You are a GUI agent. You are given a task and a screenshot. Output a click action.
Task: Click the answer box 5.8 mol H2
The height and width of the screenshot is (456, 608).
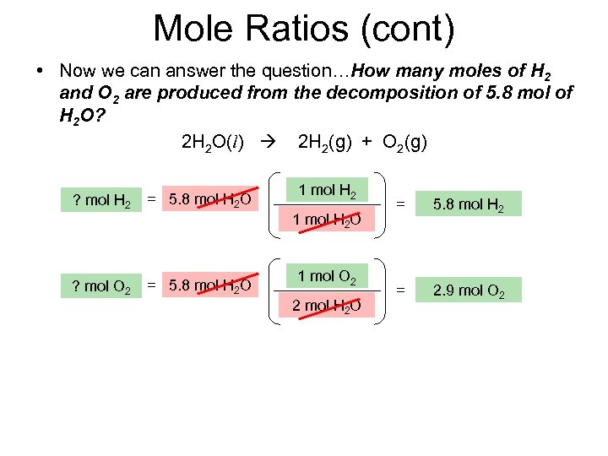click(470, 204)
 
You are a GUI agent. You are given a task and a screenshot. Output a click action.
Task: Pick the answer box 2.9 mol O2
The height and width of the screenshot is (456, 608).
click(470, 290)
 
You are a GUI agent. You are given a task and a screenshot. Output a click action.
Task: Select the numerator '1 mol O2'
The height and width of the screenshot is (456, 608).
click(327, 275)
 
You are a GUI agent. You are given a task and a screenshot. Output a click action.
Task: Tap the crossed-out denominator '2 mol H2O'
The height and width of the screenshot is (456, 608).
click(327, 306)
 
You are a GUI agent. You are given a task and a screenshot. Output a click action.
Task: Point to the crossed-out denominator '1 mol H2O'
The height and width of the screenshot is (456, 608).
click(327, 220)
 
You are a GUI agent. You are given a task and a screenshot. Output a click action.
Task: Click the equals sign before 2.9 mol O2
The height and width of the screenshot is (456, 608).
click(401, 290)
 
